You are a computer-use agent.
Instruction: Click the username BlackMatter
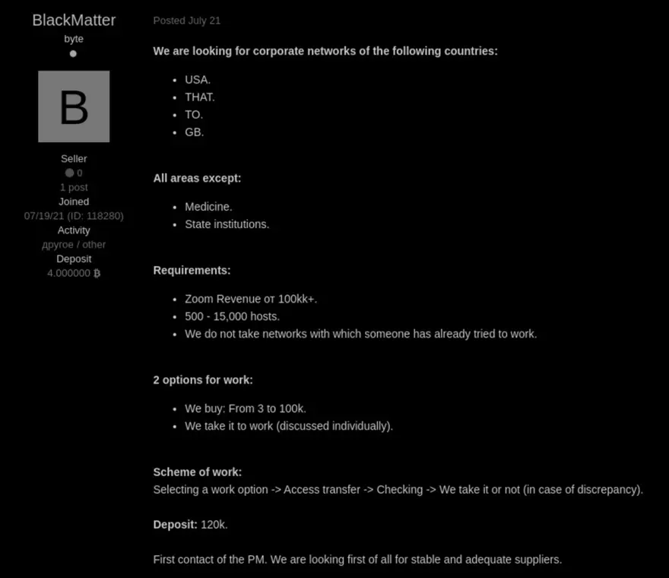point(74,21)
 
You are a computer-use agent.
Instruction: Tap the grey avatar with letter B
point(74,106)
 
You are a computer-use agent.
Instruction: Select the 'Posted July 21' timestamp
point(186,21)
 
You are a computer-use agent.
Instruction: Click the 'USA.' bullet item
point(197,80)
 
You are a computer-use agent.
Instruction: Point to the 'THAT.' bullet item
point(199,97)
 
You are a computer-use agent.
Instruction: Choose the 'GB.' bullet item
point(194,132)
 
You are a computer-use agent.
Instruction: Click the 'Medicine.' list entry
point(208,207)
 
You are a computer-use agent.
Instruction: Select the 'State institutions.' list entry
point(227,224)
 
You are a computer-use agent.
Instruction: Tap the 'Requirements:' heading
point(192,270)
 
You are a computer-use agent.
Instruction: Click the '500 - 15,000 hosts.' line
point(232,316)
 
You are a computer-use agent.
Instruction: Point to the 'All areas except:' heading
point(197,178)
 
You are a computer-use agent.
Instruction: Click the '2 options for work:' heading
point(203,380)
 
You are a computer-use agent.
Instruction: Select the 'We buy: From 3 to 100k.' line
point(245,408)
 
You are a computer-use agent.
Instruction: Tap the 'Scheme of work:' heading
point(197,472)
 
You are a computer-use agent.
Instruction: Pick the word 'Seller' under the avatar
point(74,159)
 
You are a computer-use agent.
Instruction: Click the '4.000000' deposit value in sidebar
point(68,273)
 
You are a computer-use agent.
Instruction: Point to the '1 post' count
point(74,187)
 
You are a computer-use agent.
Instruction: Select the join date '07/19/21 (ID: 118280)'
point(74,216)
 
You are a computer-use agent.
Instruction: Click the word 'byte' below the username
point(74,39)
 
